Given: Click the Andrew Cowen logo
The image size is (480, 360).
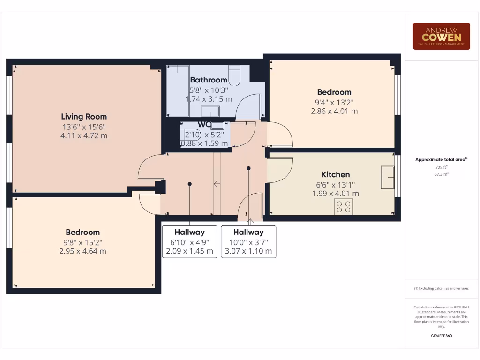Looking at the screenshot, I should click(441, 36).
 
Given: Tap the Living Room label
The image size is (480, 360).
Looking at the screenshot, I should click(84, 117).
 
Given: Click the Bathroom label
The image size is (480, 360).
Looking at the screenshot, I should click(209, 80).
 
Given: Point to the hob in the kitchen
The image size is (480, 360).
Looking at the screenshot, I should click(344, 207).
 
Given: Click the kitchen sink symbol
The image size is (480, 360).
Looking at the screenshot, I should click(388, 177).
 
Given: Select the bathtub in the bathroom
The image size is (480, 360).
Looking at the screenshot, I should click(178, 91).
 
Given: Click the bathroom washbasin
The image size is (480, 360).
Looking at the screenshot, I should click(210, 111).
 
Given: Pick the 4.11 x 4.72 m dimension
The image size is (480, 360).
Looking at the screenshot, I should click(84, 136).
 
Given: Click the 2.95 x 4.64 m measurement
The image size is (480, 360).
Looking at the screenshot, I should click(82, 251).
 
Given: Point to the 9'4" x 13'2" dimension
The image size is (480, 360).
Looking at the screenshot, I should click(334, 102).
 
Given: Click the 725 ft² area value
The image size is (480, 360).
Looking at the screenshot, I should click(441, 167).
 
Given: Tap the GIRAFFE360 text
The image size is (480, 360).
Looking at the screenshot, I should click(441, 336).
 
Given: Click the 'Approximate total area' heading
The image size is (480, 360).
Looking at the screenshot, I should click(441, 160).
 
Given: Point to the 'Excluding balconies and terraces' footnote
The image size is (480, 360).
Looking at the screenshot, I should click(441, 289).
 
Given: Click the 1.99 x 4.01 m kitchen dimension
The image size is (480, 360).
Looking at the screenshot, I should click(335, 194).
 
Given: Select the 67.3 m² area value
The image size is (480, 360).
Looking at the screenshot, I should click(441, 174).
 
